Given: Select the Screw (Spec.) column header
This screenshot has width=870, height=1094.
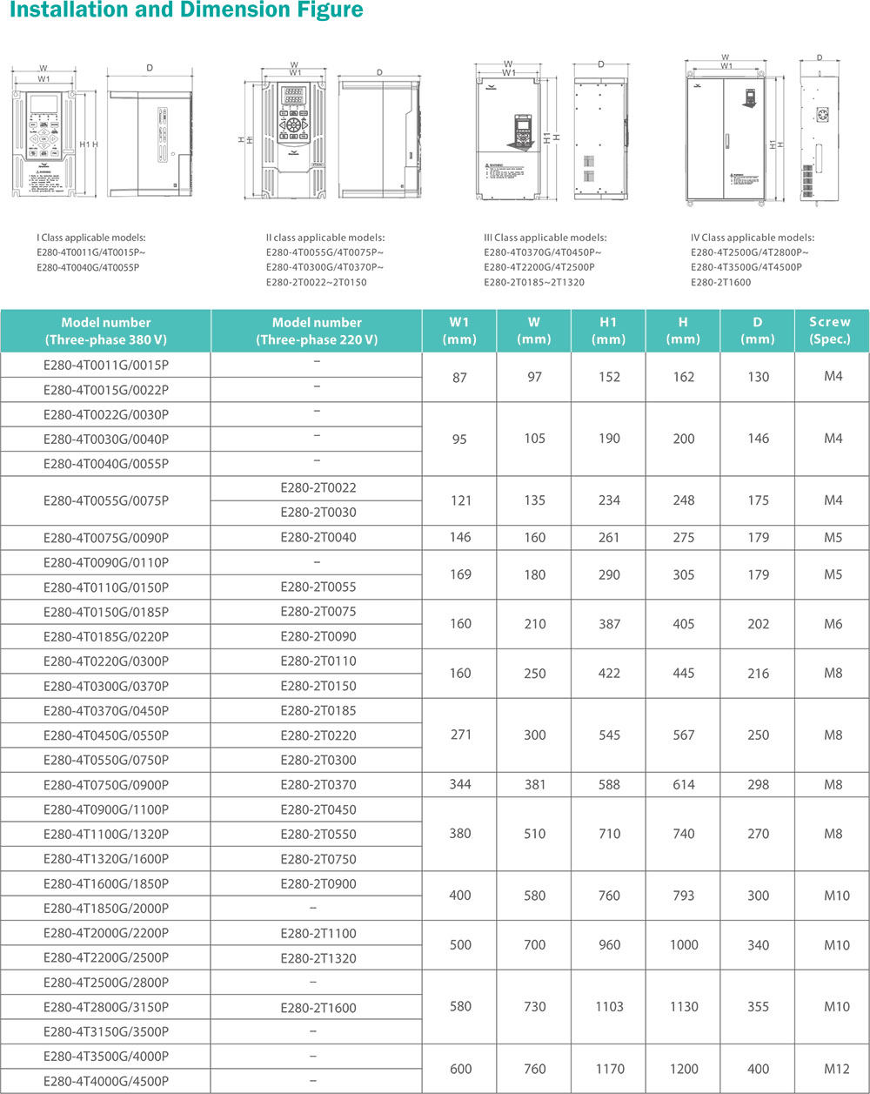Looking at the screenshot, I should coord(832,331).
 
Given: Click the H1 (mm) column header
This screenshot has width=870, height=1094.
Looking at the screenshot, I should coord(609,331).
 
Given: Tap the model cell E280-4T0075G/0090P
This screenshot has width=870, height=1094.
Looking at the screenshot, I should coord(106,538).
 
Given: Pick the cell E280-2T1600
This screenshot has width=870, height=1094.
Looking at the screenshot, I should coord(318,1008).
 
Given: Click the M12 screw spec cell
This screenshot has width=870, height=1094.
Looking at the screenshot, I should coord(833,1068).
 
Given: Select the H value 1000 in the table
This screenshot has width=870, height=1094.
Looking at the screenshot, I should coord(684,945).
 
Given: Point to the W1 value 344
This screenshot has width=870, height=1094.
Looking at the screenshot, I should coord(459,785).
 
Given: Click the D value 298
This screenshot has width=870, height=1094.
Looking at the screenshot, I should coord(758,785).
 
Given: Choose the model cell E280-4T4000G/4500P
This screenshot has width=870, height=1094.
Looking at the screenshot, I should coord(106,1081).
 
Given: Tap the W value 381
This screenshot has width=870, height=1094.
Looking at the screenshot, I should coord(535,785).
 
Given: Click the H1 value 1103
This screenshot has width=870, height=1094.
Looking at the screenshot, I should coord(609,1007).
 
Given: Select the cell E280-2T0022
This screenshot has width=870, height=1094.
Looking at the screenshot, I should coord(318,488).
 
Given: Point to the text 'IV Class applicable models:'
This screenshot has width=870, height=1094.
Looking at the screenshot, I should coord(753,238).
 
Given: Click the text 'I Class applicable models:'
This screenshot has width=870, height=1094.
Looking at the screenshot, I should coord(91,238).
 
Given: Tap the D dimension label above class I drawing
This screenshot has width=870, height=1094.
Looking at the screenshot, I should coord(149,67).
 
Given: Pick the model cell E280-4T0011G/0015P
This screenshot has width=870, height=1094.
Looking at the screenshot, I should coord(106,365).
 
